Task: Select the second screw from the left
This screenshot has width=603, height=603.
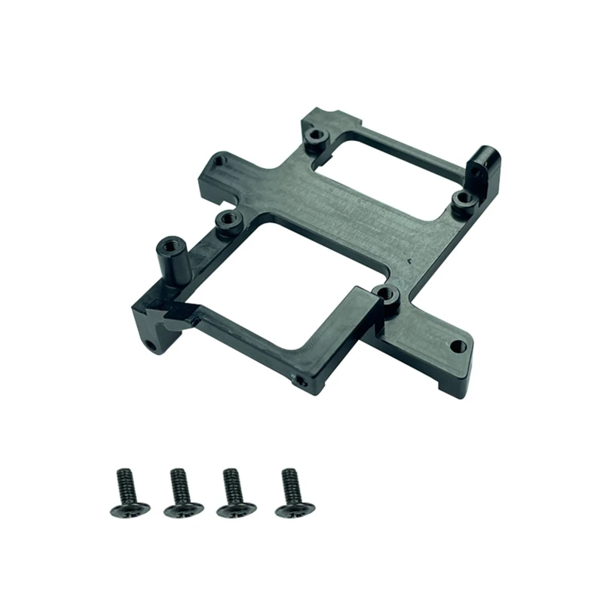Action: tap(179, 493)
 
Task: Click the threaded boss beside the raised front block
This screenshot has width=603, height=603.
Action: tap(386, 294)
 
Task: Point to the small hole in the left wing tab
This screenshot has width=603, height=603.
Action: tap(218, 161)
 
